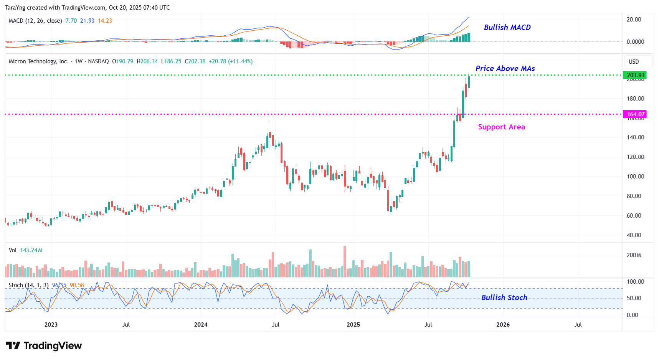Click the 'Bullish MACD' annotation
click(507, 27)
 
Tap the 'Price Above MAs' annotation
click(505, 68)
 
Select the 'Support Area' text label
click(501, 127)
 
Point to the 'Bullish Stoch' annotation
click(504, 297)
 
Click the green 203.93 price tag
click(636, 75)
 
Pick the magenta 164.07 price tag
click(636, 114)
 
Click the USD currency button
click(634, 62)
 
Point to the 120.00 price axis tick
click(635, 157)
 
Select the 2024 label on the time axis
click(201, 325)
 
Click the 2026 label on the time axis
click(503, 325)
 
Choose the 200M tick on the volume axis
click(634, 255)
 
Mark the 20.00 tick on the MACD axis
click(634, 20)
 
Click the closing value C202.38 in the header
click(195, 61)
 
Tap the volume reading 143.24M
click(31, 250)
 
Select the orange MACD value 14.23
click(105, 21)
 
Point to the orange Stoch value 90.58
click(77, 285)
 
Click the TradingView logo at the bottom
click(44, 346)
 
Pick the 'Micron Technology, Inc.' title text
click(38, 61)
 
